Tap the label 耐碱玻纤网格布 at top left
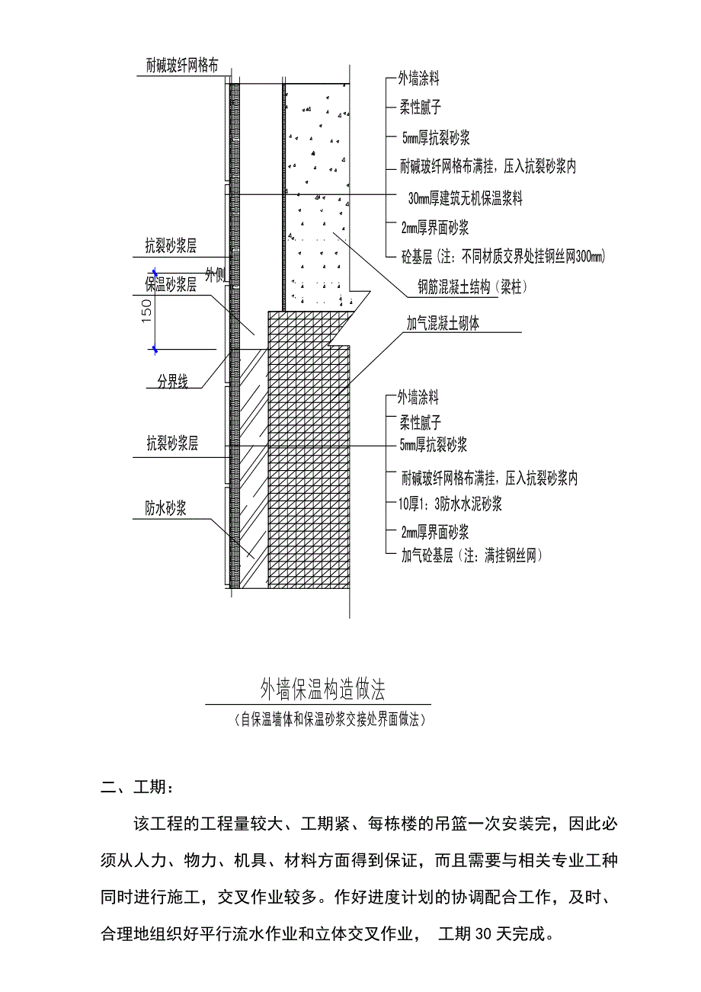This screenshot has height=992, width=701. coord(183,66)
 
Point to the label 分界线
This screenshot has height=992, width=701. coord(172,383)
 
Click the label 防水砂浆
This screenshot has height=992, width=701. coord(167,508)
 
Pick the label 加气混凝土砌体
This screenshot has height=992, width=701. coord(443,324)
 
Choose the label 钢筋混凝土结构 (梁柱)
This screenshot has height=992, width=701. coord(472,287)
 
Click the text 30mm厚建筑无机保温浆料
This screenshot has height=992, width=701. coord(465,198)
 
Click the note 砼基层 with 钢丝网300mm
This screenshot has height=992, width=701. coord(503,258)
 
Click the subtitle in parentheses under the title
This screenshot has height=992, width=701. coord(328,719)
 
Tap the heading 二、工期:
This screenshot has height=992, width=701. coord(142,786)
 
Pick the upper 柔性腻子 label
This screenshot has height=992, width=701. coord(420,107)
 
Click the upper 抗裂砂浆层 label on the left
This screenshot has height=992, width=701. coord(171,245)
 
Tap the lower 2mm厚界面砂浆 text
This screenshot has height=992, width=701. coord(434,531)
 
